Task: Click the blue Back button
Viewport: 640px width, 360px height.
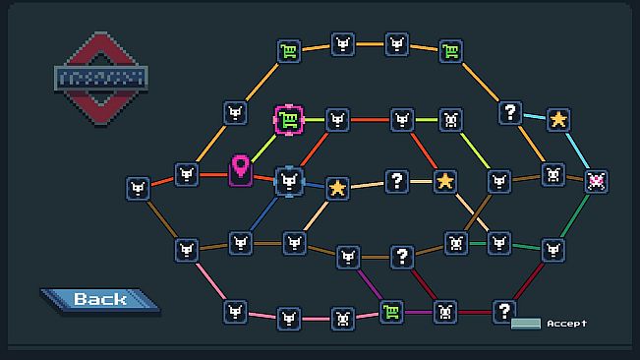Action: click(98, 299)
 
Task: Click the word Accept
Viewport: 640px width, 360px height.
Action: click(567, 323)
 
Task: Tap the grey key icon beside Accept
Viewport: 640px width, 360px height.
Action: click(525, 323)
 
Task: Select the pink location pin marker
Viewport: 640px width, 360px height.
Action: click(241, 169)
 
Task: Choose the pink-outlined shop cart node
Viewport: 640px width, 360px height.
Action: click(288, 120)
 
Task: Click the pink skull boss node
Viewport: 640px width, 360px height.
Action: click(596, 181)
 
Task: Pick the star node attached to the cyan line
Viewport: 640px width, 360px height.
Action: click(558, 119)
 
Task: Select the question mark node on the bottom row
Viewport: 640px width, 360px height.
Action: click(504, 311)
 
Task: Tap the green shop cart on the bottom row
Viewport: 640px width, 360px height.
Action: click(391, 312)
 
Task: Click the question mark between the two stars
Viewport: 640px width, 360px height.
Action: click(396, 180)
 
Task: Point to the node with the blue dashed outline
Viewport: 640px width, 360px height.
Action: click(288, 180)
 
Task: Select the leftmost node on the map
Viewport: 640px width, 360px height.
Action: click(139, 188)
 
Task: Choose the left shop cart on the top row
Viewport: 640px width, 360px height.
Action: click(288, 51)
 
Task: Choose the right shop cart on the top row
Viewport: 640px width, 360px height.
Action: click(450, 51)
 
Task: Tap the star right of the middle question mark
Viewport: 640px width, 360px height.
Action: click(445, 181)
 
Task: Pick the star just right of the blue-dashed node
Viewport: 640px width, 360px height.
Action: click(337, 187)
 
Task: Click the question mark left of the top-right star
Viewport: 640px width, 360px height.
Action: click(510, 112)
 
